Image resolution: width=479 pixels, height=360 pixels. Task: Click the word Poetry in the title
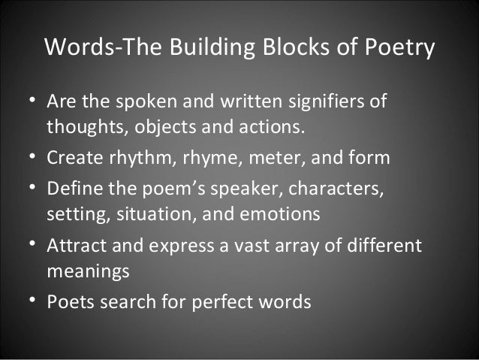[x=398, y=47]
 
